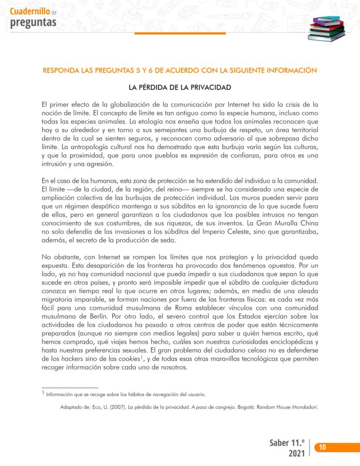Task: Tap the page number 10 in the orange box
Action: coord(323,447)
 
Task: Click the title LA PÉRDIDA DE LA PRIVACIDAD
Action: coord(180,87)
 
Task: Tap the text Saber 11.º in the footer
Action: coord(286,443)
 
